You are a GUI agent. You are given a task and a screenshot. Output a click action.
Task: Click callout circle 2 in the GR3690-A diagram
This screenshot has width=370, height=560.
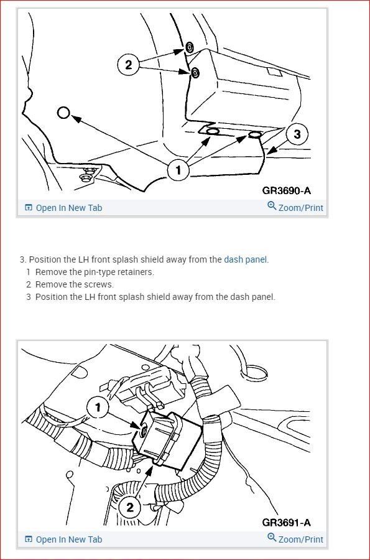[x=129, y=65]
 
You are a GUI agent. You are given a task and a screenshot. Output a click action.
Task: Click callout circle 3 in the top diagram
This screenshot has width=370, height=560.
[x=297, y=134]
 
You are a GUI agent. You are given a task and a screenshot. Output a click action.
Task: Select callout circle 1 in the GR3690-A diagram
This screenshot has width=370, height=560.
[x=178, y=170]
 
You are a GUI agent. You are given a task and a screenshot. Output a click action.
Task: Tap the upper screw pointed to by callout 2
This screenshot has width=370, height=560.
[x=189, y=47]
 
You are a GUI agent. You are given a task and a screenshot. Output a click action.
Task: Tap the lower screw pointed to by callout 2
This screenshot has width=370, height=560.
[x=195, y=73]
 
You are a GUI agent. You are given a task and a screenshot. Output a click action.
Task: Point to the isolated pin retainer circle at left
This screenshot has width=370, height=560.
[x=63, y=113]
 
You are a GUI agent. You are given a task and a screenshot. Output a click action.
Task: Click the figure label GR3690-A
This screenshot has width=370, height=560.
[x=286, y=191]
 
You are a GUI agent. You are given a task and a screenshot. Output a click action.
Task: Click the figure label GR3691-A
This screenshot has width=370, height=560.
[x=286, y=523]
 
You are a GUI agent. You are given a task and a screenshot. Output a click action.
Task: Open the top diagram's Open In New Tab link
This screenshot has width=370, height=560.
[x=63, y=208]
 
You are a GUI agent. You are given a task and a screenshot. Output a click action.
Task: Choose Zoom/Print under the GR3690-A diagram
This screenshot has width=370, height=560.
[x=295, y=207]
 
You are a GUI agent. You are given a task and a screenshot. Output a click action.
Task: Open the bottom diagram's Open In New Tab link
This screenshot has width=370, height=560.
[x=63, y=539]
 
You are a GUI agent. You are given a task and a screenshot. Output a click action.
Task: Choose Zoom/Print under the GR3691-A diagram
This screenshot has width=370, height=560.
[x=295, y=539]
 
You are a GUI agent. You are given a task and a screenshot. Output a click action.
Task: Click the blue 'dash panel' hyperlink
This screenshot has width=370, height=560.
[x=246, y=259]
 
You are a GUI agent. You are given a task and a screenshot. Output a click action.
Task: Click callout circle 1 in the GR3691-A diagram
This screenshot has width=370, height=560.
[x=98, y=407]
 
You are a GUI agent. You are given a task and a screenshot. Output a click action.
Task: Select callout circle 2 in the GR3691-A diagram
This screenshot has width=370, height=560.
[x=129, y=507]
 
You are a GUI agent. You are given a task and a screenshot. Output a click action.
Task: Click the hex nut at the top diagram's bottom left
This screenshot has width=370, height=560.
[x=86, y=177]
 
